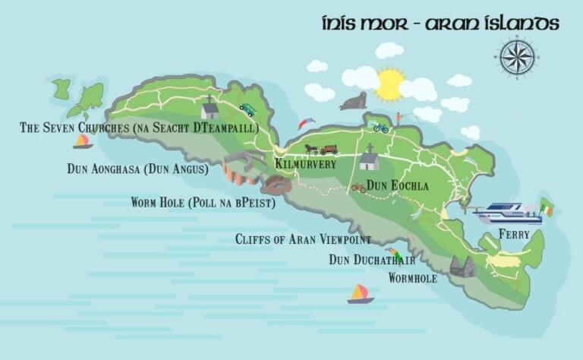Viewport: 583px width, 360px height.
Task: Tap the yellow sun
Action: point(390,84)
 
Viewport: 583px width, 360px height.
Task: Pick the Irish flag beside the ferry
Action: point(547,207)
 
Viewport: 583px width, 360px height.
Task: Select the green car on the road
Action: point(247,110)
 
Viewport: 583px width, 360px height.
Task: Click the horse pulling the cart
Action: point(311,149)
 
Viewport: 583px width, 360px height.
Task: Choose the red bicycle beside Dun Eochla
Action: point(358,188)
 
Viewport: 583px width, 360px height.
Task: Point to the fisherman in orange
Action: point(398,119)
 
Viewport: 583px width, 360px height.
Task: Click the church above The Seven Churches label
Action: point(210,109)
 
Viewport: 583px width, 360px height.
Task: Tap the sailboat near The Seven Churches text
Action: point(82,141)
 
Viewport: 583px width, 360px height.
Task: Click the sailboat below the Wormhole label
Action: point(361,294)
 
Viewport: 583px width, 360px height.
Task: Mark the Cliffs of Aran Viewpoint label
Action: point(303,240)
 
